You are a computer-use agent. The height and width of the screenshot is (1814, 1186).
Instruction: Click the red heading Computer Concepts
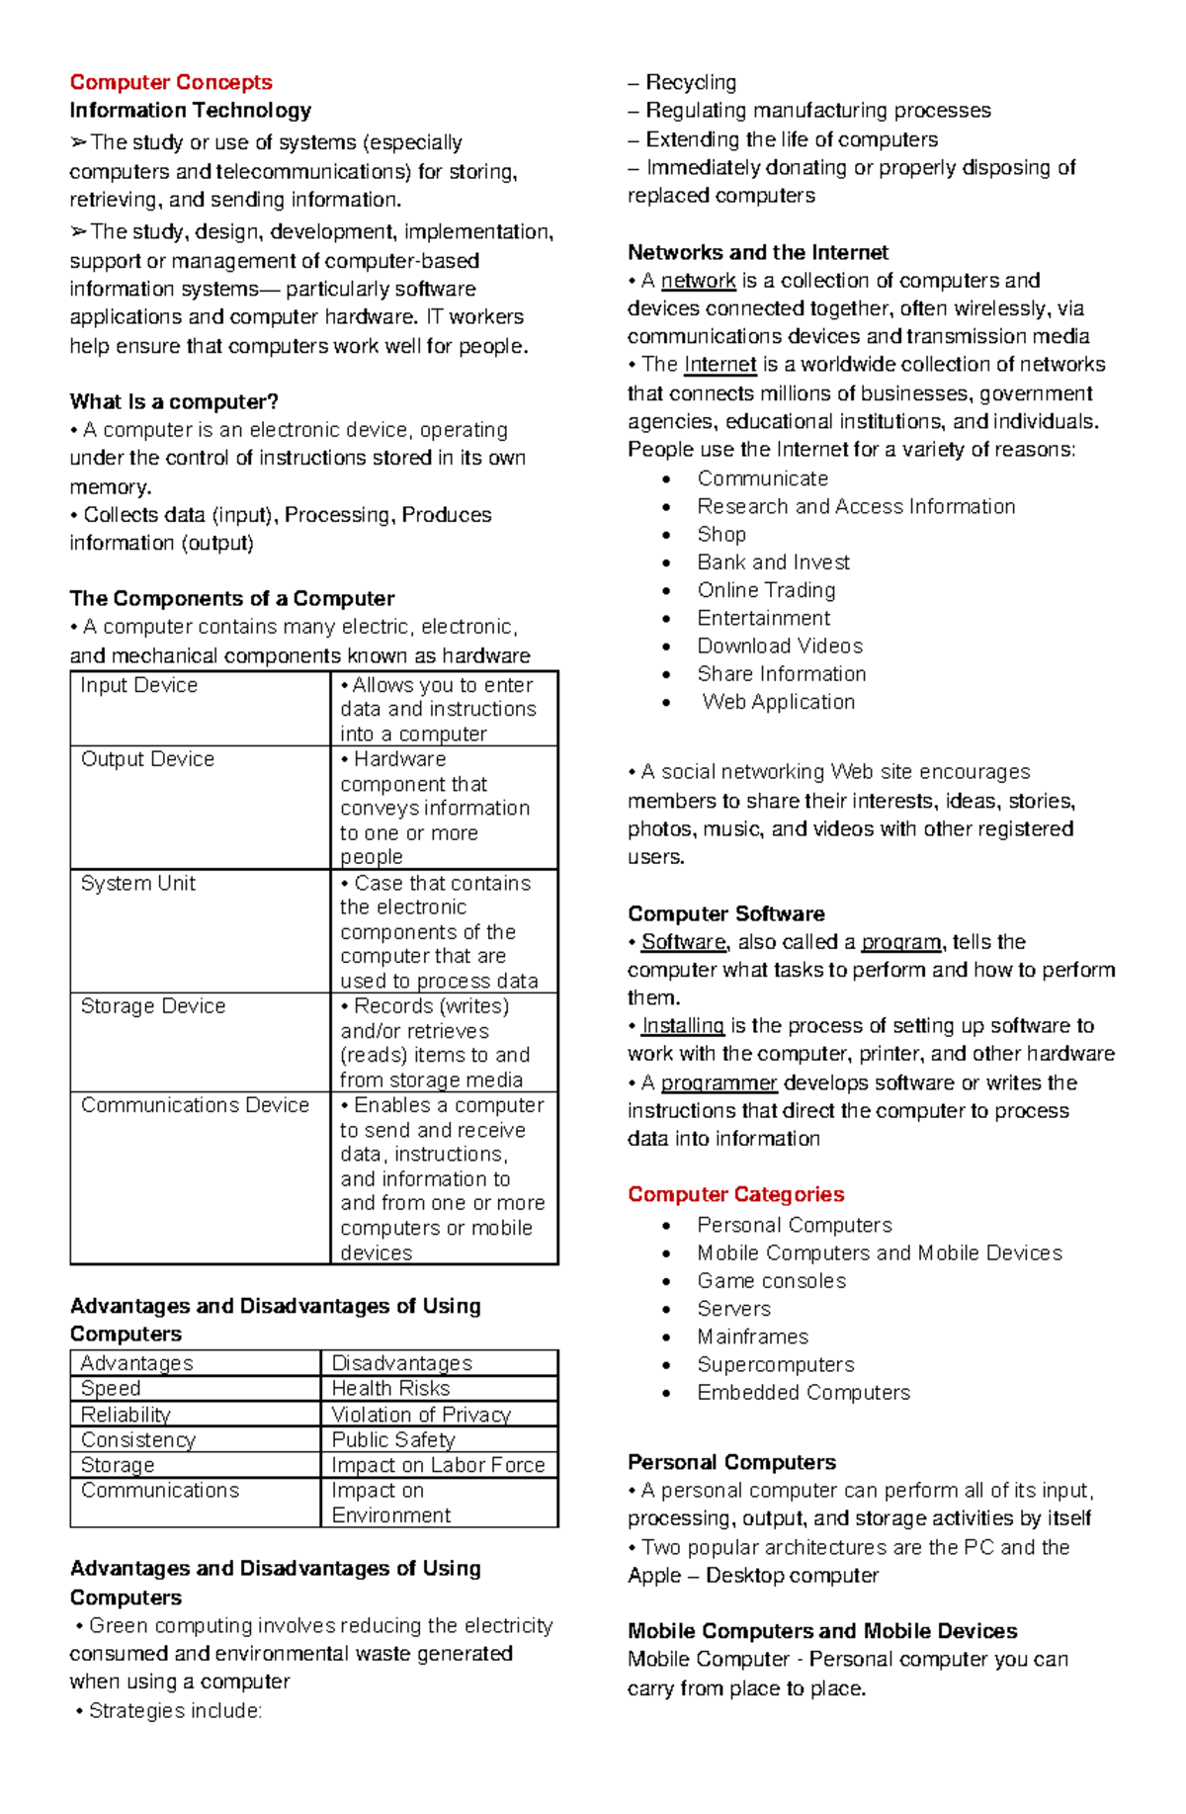170,82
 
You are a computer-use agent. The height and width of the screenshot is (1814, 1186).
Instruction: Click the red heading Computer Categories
735,1194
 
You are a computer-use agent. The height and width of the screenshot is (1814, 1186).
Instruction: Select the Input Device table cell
139,685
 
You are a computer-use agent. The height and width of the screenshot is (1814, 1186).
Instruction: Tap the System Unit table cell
138,883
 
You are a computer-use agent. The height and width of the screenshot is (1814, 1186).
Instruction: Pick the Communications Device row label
195,1104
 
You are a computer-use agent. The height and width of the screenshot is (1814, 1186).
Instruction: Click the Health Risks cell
390,1388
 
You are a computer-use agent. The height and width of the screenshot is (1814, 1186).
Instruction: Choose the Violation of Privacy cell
421,1414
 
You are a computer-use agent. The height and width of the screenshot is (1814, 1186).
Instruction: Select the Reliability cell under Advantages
126,1414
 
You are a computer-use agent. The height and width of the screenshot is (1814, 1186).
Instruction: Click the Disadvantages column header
401,1362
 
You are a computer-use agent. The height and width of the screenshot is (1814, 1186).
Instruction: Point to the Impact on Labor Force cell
438,1464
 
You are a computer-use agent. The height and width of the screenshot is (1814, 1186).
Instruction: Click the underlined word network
698,281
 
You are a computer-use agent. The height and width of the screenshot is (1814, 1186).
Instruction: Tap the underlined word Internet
720,365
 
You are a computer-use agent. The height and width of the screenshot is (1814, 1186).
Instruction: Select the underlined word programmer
719,1082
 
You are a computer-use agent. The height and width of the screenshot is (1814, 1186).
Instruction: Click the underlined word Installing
682,1025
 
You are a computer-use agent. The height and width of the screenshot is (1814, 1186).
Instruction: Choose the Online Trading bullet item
766,590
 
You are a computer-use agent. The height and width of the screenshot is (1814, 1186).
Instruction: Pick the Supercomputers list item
775,1364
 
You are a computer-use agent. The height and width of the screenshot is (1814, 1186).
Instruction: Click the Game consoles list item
771,1280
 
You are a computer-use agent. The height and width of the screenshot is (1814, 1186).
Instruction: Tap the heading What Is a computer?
174,401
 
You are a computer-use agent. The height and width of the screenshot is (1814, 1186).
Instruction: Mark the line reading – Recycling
682,82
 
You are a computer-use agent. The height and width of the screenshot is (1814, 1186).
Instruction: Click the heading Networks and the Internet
757,252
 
